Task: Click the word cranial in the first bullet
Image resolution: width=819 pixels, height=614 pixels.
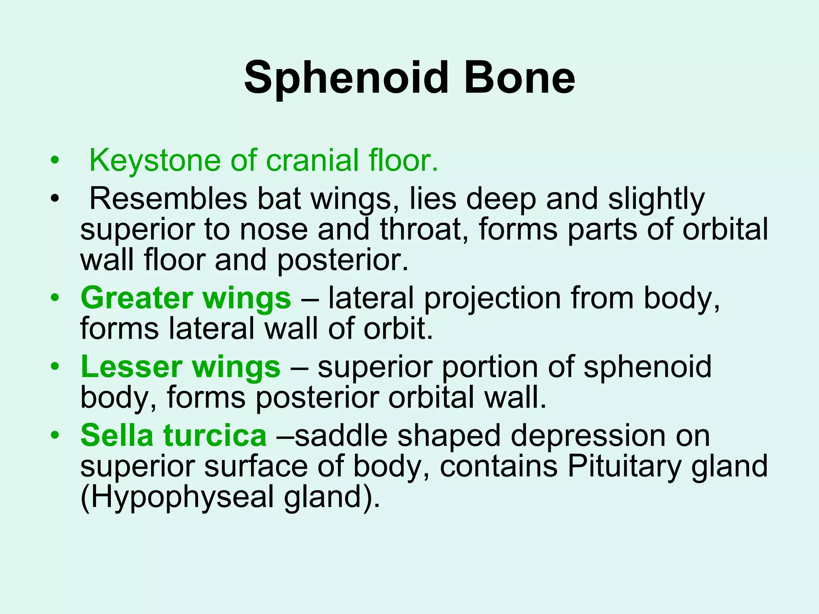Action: [312, 161]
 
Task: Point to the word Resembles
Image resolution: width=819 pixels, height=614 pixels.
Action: [168, 199]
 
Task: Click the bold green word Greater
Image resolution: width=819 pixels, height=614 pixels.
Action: [136, 298]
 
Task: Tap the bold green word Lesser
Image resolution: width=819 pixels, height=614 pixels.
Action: [131, 367]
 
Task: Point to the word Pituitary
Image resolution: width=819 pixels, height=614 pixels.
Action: [624, 466]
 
